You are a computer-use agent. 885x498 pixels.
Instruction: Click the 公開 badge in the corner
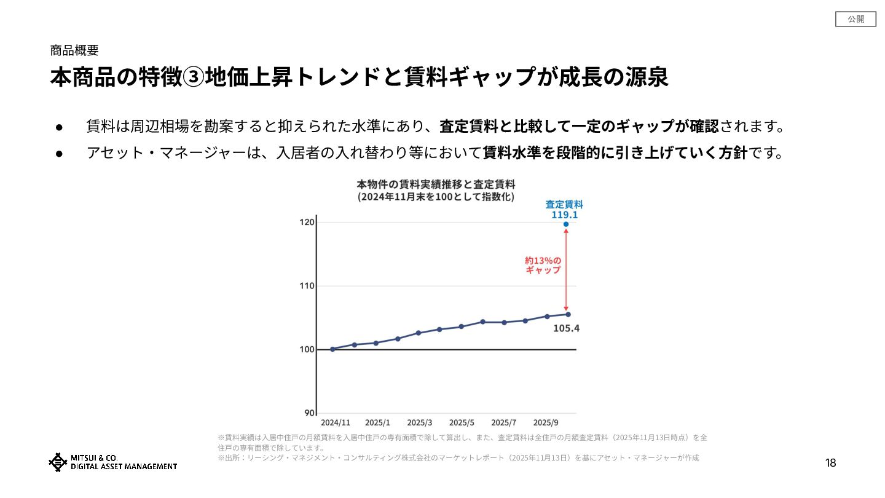(x=855, y=19)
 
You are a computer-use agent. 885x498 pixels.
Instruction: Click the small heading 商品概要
(x=74, y=50)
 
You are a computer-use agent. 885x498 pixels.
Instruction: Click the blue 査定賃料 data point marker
(x=565, y=224)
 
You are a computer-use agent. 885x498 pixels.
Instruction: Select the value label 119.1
(x=564, y=215)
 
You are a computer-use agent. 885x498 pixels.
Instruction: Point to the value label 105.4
(x=566, y=328)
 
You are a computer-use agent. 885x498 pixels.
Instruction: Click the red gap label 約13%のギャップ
(x=543, y=265)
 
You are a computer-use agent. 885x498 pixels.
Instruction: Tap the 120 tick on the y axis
(x=307, y=222)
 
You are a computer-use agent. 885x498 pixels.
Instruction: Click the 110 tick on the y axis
(x=307, y=286)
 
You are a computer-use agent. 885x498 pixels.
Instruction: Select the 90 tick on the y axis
(x=309, y=413)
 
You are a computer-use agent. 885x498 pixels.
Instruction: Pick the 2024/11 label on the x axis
(x=336, y=423)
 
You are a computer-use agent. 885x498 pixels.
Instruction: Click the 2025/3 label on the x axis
(x=420, y=423)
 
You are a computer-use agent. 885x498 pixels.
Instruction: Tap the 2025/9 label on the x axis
(x=546, y=423)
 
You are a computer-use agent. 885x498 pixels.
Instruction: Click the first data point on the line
(x=332, y=349)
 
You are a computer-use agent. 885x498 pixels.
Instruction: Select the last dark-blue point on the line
(x=568, y=314)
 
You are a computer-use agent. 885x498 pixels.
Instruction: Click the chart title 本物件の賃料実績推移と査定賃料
(x=436, y=184)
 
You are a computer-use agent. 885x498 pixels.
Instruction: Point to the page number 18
(x=830, y=463)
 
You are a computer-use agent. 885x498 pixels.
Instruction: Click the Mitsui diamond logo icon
(x=58, y=462)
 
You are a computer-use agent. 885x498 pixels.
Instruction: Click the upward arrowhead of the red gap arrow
(x=565, y=231)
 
